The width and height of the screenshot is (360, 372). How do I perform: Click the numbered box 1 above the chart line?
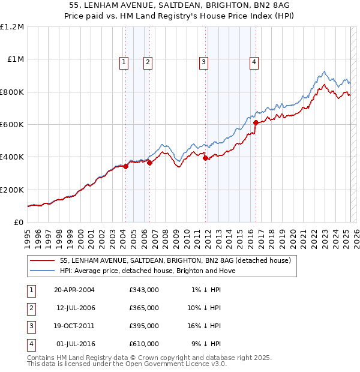pos(124,61)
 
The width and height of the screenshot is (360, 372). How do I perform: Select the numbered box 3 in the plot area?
pos(203,61)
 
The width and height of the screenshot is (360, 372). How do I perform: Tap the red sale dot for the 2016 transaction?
pos(256,122)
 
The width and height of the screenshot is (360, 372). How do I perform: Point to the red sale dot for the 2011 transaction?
pos(205,158)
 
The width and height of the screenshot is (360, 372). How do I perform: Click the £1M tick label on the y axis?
pos(15,59)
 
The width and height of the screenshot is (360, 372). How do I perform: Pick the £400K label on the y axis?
pos(12,157)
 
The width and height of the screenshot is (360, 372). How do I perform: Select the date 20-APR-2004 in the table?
pos(74,290)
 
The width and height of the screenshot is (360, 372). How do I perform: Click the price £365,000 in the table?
pos(144,308)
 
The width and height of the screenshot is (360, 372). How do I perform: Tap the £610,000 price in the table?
pos(144,344)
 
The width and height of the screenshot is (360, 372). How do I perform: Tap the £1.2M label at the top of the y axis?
pos(12,27)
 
